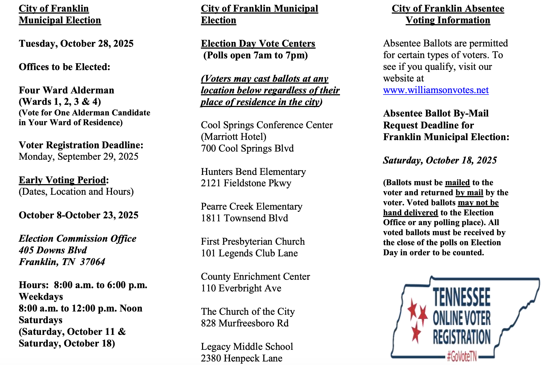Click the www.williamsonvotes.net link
tap(436, 90)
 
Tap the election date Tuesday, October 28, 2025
tap(76, 43)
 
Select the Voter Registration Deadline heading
tap(81, 145)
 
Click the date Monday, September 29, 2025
tap(78, 157)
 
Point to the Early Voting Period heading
tap(62, 180)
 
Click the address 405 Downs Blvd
tap(53, 250)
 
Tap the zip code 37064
tap(92, 262)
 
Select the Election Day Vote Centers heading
tap(258, 43)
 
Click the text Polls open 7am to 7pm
tap(255, 55)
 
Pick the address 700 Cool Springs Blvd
tap(247, 148)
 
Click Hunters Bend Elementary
tap(253, 172)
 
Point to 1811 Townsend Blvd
tap(244, 218)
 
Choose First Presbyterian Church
tap(253, 241)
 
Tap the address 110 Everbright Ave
tap(241, 288)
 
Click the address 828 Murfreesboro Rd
tap(245, 323)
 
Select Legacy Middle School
tap(247, 347)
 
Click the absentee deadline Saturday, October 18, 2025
tap(440, 160)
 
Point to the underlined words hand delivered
tap(411, 212)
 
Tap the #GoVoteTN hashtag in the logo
tap(462, 356)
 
